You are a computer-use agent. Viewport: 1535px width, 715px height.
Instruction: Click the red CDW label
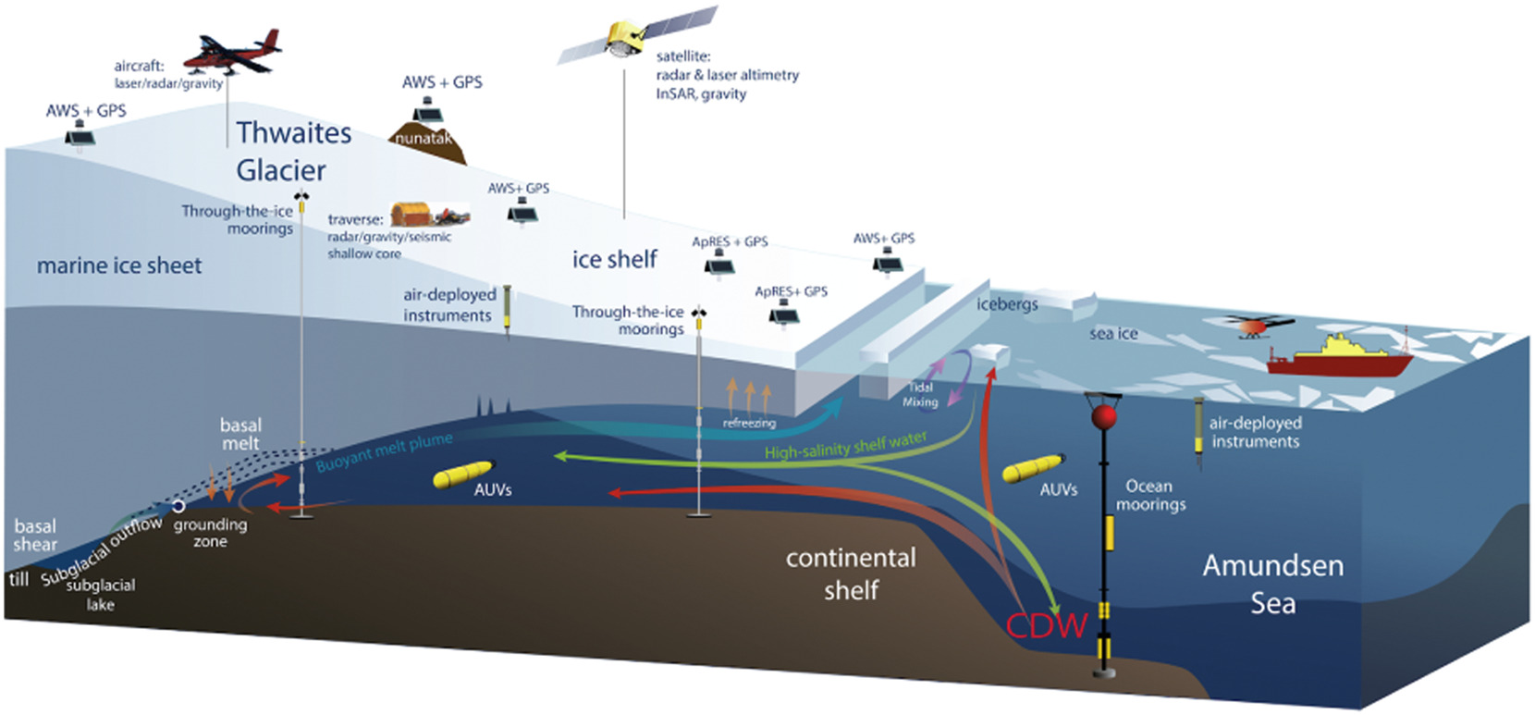point(1046,626)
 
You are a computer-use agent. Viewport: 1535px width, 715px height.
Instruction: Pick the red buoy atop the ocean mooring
point(1103,417)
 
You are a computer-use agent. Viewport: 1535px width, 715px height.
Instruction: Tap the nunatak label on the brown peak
point(424,139)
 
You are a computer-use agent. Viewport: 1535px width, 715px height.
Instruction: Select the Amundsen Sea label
point(1272,584)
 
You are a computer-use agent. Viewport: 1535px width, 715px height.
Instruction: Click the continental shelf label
point(851,573)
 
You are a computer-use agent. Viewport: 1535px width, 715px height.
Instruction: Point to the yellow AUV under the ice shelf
point(463,474)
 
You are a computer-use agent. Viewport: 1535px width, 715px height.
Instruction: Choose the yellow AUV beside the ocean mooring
point(1033,468)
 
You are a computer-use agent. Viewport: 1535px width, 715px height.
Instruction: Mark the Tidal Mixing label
point(920,395)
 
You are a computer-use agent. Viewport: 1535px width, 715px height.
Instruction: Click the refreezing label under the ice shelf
point(749,423)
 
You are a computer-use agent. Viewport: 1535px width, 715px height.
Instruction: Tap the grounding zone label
point(210,533)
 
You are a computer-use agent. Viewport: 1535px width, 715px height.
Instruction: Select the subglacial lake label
point(101,595)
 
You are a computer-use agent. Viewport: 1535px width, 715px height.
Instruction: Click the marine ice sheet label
point(119,266)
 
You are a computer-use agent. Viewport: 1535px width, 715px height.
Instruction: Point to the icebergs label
point(1007,303)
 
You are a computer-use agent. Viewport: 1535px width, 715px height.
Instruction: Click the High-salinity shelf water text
point(845,445)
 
